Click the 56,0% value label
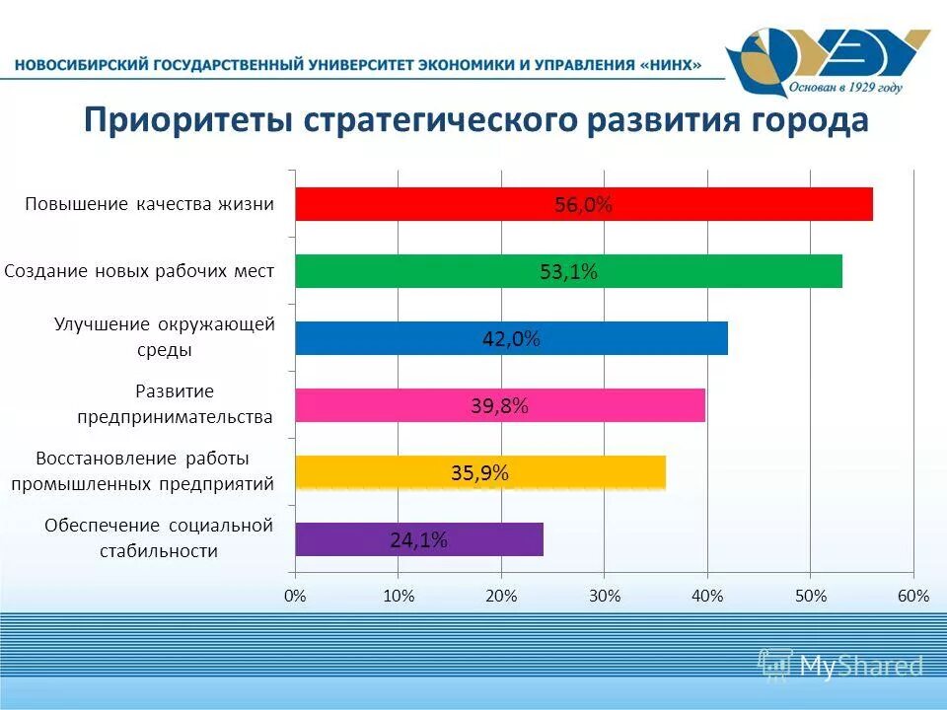(583, 205)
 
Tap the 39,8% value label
(499, 405)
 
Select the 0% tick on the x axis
(294, 596)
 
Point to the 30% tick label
(605, 596)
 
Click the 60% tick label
(913, 596)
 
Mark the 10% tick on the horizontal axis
(398, 596)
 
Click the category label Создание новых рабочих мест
(139, 270)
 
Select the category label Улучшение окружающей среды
(164, 336)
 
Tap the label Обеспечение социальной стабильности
(158, 537)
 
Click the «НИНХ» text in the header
(672, 65)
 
